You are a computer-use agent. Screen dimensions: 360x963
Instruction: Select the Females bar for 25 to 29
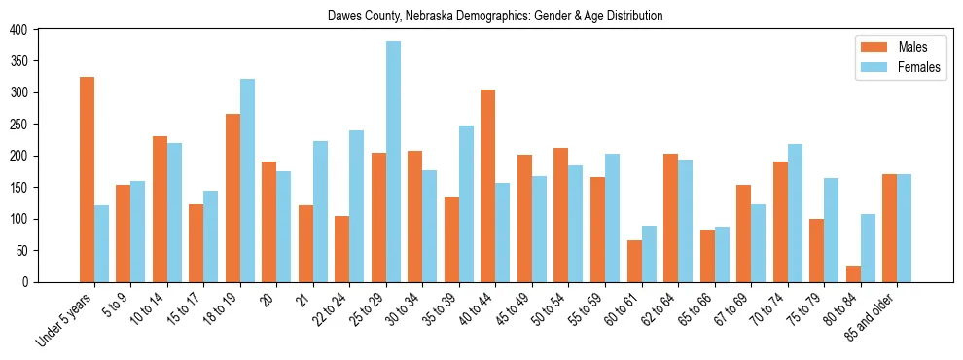(x=393, y=162)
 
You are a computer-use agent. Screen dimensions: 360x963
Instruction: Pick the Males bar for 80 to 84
(x=852, y=273)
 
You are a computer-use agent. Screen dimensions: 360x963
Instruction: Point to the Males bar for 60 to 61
(x=633, y=261)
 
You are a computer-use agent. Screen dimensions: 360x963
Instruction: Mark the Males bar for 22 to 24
(x=341, y=249)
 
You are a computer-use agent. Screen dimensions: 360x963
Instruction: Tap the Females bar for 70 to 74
(x=795, y=213)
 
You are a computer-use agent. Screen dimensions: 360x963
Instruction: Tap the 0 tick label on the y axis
(x=26, y=282)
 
